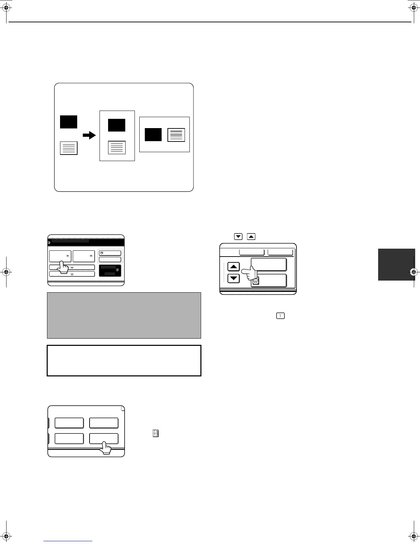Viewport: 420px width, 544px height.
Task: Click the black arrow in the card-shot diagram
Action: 89,135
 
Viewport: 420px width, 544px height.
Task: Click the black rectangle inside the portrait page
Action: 117,125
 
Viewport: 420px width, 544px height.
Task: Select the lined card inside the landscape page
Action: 176,135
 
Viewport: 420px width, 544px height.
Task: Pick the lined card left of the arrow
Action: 69,148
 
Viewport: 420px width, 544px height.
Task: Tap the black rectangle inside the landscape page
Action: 153,135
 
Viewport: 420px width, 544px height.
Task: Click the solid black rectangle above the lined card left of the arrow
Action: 69,122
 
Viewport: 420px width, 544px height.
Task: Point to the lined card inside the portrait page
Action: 117,148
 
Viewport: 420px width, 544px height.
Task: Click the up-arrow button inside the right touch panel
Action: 234,266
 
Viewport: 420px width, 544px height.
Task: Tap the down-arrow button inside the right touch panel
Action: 234,278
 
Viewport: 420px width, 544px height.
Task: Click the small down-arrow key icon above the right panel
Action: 238,236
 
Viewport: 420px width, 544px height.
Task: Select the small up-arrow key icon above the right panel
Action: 251,236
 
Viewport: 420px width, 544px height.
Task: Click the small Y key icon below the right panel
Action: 280,316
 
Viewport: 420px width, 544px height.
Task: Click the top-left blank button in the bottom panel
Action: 69,423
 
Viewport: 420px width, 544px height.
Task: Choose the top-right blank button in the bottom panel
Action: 104,423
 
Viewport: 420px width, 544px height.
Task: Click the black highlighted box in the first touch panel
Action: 110,270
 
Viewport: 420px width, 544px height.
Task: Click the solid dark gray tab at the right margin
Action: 396,265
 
